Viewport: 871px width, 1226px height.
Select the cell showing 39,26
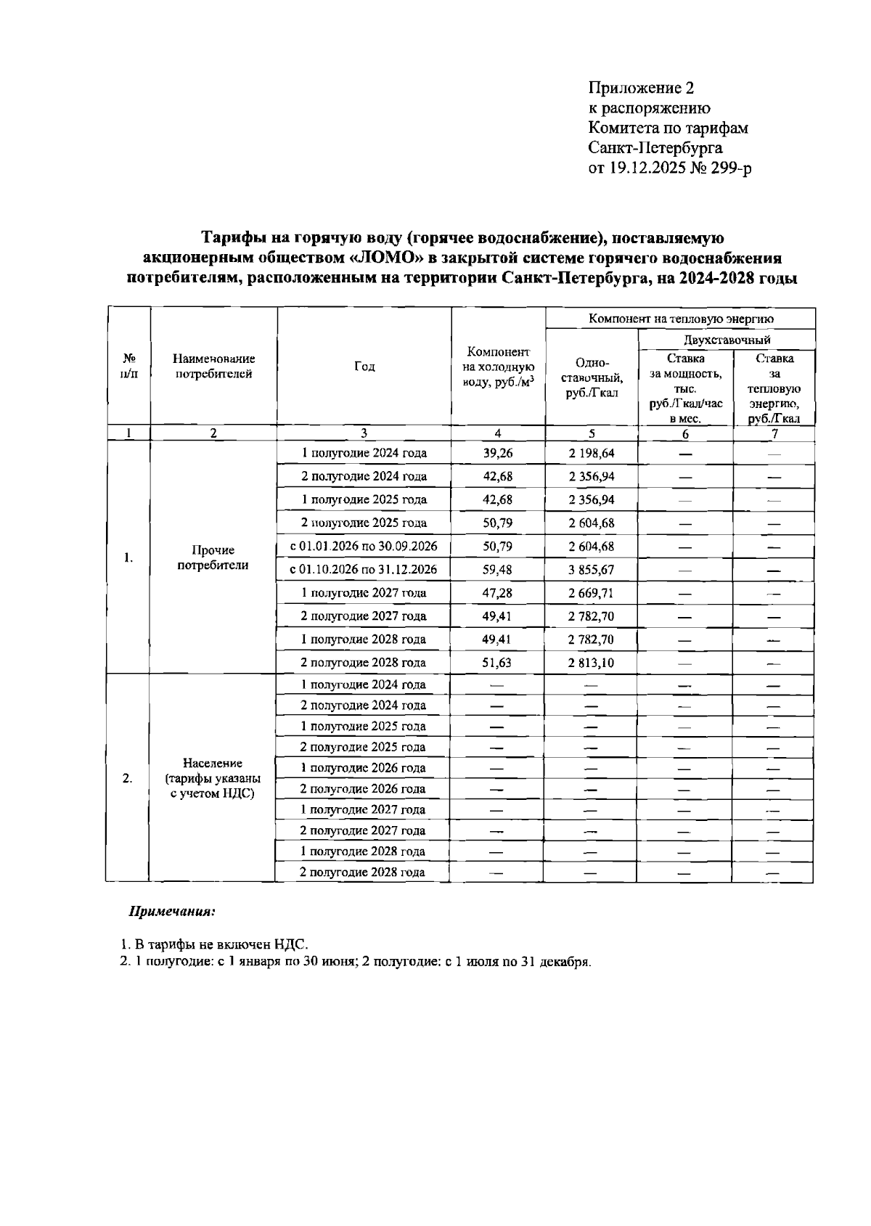coord(498,453)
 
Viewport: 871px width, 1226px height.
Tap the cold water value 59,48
coord(498,570)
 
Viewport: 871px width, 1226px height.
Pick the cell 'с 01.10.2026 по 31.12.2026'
coord(364,570)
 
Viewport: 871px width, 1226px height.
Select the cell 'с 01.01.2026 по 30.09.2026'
coord(364,546)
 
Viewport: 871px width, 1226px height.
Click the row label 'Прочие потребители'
coord(213,557)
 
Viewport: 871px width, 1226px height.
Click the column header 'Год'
coord(364,367)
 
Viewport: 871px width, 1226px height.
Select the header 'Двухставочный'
coord(726,339)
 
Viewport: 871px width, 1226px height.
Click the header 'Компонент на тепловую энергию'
coord(680,319)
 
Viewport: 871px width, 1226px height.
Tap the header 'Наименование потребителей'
coord(213,367)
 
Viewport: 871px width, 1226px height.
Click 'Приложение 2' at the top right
coord(641,89)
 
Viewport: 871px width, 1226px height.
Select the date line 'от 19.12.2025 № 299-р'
coord(669,168)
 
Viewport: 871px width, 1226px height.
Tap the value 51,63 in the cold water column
coord(498,663)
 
